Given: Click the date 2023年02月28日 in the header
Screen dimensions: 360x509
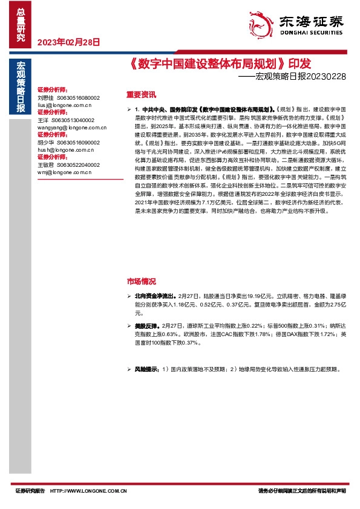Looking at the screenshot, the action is click(68, 42).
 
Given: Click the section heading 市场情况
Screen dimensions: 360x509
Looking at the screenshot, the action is click(141, 282).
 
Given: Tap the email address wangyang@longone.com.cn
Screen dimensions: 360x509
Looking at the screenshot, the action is click(71, 127).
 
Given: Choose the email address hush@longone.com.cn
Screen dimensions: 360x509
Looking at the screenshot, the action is click(65, 149).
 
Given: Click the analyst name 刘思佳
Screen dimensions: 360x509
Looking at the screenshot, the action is click(45, 97).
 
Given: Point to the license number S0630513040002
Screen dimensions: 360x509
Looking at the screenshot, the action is click(71, 120).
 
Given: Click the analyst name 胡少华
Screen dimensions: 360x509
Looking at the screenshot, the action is click(45, 142).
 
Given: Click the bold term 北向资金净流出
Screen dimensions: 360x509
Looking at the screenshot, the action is click(152, 297).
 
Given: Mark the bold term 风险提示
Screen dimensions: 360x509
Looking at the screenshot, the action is click(146, 368).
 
